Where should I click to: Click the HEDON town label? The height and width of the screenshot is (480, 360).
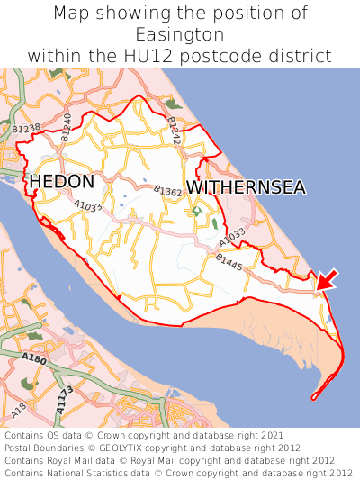coord(61,181)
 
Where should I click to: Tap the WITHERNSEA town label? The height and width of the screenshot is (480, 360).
coord(246,187)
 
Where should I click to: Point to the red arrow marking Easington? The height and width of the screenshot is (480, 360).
coord(328,279)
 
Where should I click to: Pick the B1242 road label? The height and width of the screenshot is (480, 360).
coord(174,131)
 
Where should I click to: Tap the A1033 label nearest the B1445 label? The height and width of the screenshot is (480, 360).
coord(231,238)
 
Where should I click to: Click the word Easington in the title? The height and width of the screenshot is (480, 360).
coord(180,35)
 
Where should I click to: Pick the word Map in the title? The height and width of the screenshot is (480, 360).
coord(71,14)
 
